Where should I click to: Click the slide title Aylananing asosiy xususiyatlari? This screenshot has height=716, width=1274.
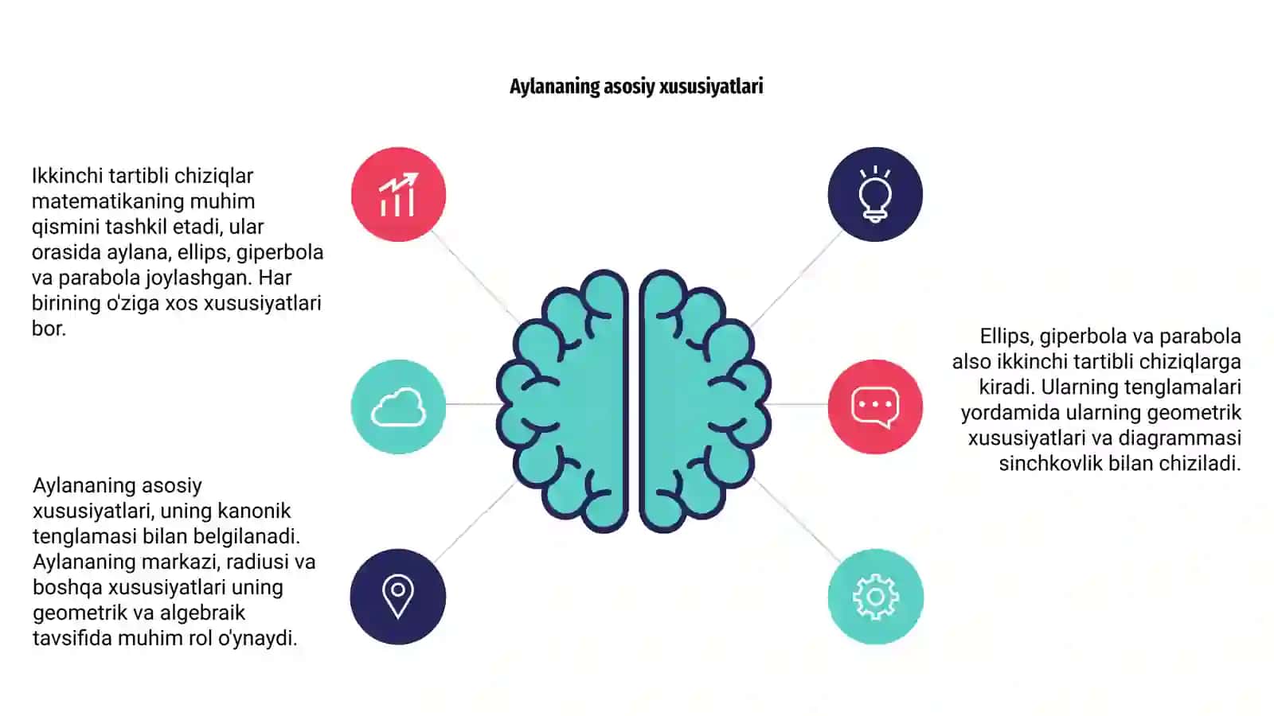[636, 87]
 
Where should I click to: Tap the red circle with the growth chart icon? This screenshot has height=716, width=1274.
[398, 194]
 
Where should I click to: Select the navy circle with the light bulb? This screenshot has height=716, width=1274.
[875, 194]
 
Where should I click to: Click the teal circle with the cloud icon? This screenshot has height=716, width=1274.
[398, 407]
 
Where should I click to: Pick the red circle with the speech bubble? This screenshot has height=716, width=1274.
[875, 407]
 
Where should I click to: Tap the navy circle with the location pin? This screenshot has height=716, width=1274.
[397, 597]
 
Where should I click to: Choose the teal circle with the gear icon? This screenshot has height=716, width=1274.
[875, 597]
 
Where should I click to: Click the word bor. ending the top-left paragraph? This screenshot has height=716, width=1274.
[49, 329]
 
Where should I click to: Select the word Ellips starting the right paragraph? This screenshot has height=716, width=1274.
[1006, 337]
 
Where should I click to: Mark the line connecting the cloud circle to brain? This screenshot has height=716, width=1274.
[473, 404]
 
